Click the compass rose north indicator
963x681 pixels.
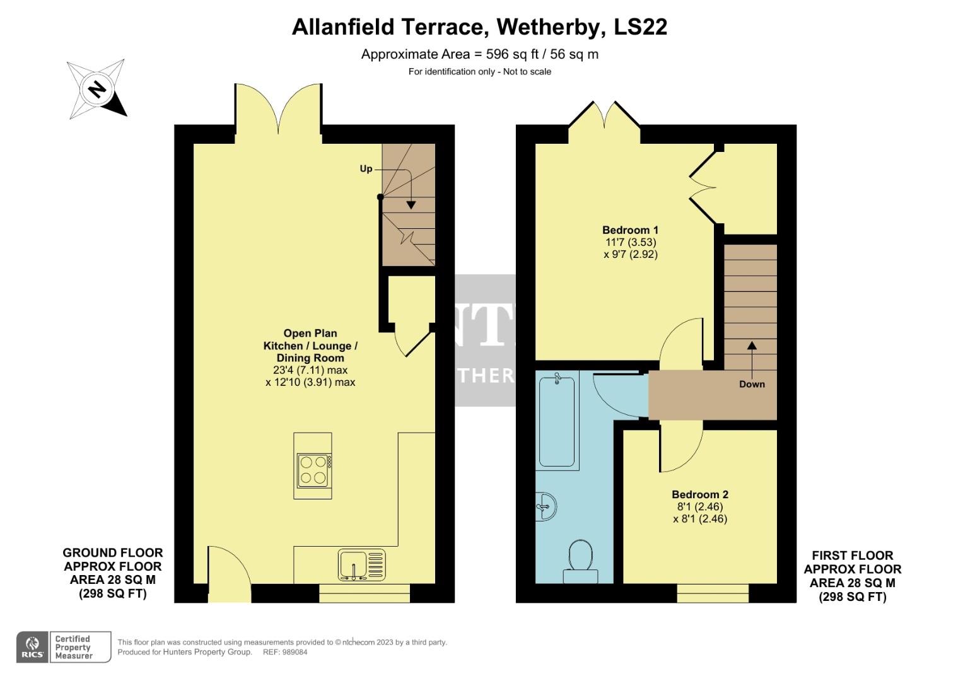click(x=96, y=90)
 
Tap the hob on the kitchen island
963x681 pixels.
click(x=313, y=470)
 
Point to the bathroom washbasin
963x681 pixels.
click(x=546, y=506)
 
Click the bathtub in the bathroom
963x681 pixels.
click(x=557, y=420)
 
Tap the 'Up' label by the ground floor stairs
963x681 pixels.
click(x=366, y=169)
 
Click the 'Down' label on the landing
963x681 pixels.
click(x=752, y=384)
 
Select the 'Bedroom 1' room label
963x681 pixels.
click(x=630, y=230)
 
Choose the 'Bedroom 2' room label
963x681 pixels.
click(x=700, y=495)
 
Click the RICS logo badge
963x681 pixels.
click(x=32, y=647)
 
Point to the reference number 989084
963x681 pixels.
click(x=294, y=653)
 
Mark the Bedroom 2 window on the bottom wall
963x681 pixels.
click(x=713, y=593)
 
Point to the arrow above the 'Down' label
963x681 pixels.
click(x=752, y=357)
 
